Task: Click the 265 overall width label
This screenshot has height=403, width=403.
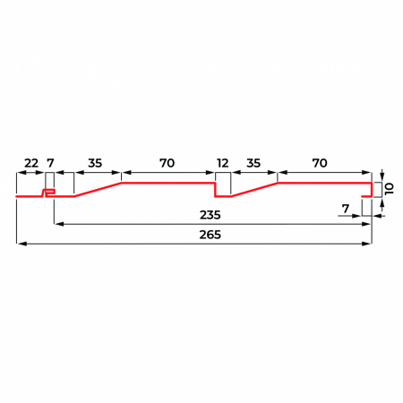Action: (x=210, y=235)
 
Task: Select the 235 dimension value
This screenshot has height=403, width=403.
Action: (x=210, y=215)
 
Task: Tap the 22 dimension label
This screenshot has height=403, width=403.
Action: (x=31, y=163)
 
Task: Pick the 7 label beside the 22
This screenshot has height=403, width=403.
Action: (x=50, y=163)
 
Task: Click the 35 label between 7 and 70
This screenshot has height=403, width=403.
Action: (x=95, y=163)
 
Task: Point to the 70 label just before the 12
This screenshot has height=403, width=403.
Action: (x=167, y=163)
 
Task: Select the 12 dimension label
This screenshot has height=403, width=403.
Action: (x=223, y=163)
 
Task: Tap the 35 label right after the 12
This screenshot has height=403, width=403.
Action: (x=253, y=163)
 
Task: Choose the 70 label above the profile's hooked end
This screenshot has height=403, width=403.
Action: (x=320, y=163)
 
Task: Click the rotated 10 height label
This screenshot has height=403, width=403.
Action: (x=390, y=189)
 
